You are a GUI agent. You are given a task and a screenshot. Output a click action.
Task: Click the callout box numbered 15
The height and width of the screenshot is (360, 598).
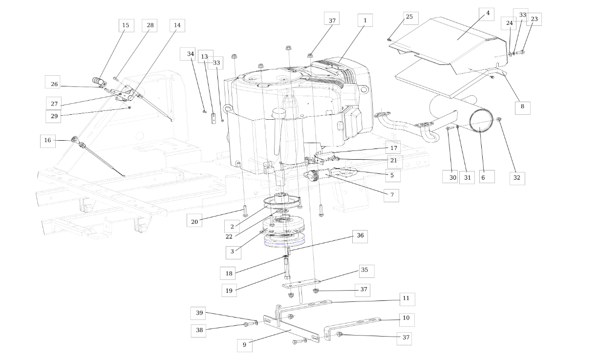pos(126,25)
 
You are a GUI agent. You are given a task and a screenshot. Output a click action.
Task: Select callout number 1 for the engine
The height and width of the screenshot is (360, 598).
pos(365,21)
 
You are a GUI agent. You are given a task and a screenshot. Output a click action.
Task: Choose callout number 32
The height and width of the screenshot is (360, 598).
pos(517,178)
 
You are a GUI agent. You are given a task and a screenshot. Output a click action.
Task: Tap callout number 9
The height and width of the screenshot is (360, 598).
pos(245,345)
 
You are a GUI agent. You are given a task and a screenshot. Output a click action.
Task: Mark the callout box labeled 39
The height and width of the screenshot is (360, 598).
pos(198,313)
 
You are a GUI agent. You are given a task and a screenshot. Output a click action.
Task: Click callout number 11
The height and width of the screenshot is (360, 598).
pos(407,299)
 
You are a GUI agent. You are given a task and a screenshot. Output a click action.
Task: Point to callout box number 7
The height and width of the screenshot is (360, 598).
pos(391,195)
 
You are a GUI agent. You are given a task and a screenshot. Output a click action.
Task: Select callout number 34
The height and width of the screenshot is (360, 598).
pos(188,54)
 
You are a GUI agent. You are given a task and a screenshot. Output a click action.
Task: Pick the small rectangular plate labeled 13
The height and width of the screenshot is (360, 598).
pos(214,119)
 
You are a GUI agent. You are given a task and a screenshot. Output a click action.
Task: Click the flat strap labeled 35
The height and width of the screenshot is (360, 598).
pos(301,283)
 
